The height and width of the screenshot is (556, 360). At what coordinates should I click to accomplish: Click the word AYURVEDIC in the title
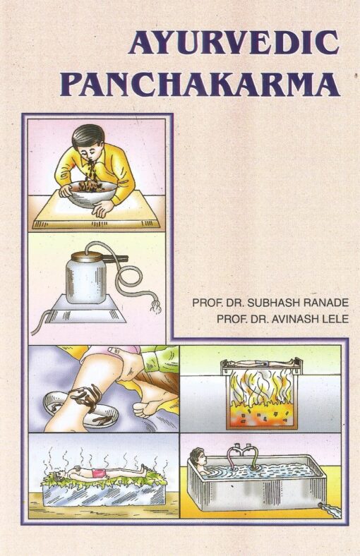tap(234, 42)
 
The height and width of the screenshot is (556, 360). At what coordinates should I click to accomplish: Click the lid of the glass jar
tap(88, 256)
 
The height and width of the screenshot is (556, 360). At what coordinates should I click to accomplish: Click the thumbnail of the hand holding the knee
tap(114, 350)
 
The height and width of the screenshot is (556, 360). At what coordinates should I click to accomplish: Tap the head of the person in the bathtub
tap(197, 457)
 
